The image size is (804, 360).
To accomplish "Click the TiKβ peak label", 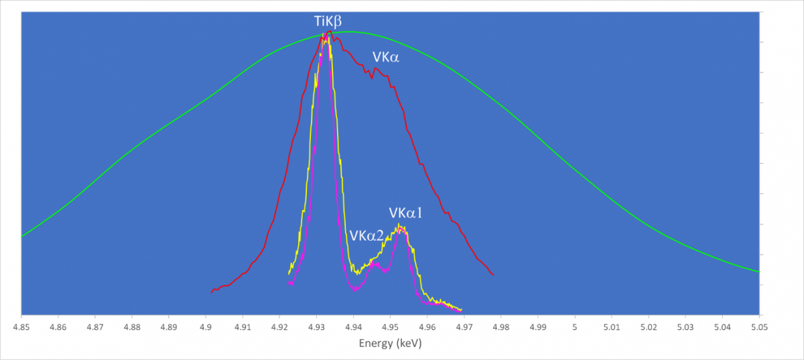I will (328, 21).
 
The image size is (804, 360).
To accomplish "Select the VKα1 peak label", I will (405, 213).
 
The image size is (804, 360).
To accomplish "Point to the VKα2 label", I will (366, 236).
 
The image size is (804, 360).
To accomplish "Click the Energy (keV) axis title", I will (390, 343).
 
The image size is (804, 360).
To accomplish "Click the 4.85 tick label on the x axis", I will (21, 328).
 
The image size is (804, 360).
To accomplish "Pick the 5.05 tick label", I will (759, 328).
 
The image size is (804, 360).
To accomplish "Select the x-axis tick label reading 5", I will (575, 328).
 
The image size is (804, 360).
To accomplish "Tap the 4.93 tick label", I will (316, 328).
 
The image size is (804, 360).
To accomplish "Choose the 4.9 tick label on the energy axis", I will (206, 328).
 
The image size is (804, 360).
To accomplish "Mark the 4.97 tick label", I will (464, 328).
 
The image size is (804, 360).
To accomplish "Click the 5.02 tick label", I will (649, 328).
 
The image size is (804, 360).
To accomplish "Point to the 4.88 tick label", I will (132, 328).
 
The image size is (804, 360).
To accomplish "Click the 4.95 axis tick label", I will (390, 328).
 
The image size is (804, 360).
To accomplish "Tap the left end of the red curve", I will (211, 293).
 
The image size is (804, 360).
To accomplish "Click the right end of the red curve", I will (494, 275).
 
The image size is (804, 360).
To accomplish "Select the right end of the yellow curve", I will (462, 309).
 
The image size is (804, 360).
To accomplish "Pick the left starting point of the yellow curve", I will (289, 274).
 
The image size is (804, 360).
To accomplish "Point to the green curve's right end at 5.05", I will (758, 272).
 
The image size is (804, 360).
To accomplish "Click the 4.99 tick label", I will (538, 328).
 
